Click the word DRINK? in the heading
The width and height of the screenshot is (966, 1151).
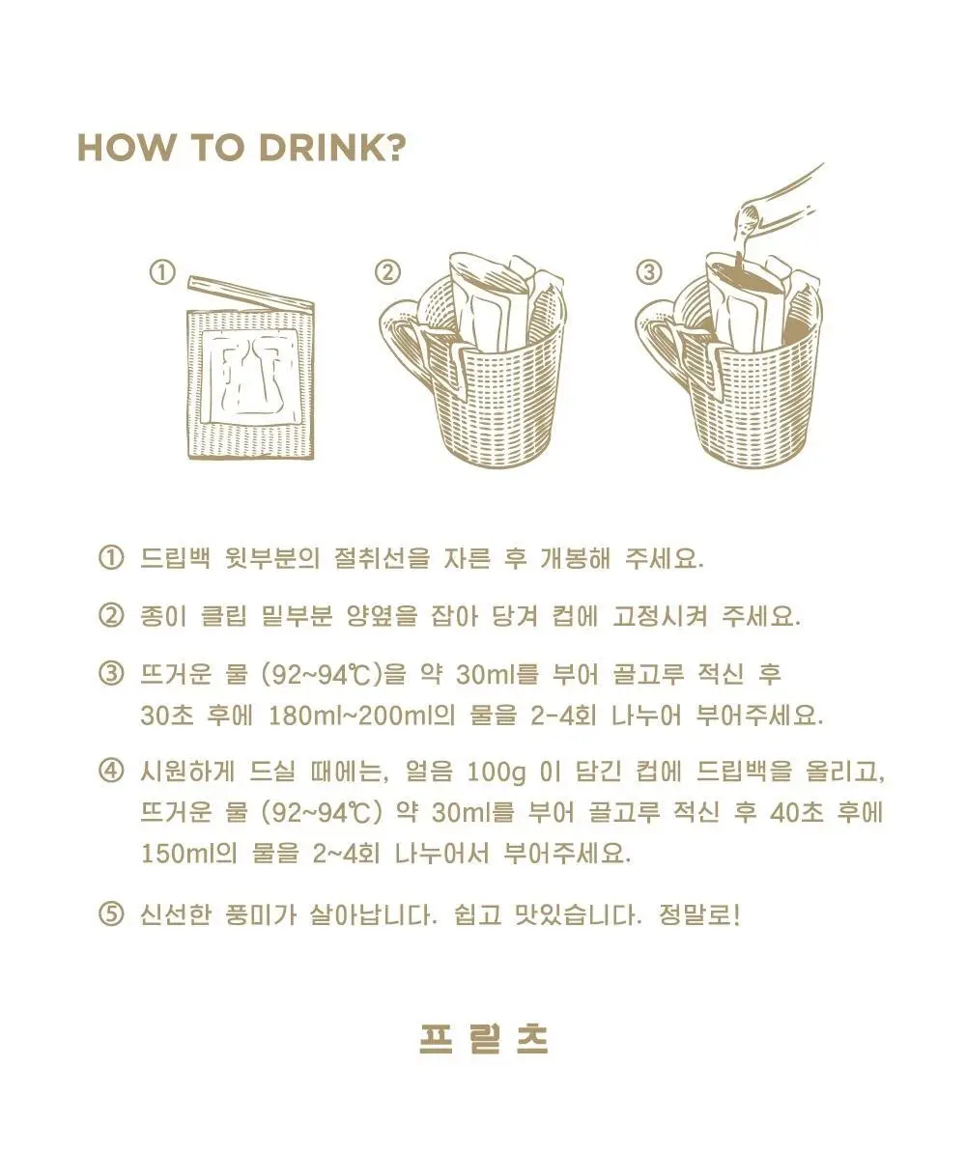click(x=332, y=148)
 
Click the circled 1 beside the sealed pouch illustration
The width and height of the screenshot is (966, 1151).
click(x=163, y=273)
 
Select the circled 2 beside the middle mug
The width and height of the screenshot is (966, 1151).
click(x=388, y=273)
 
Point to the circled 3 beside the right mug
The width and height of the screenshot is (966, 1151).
click(x=648, y=273)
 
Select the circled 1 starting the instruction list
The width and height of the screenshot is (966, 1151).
click(x=111, y=558)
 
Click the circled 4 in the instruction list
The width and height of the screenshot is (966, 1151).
click(x=111, y=772)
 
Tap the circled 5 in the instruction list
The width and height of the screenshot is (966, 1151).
click(x=111, y=913)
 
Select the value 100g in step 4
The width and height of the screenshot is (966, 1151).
click(x=497, y=772)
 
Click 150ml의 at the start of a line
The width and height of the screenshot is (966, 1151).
click(x=188, y=853)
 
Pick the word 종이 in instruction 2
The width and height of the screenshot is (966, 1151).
click(x=163, y=616)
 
